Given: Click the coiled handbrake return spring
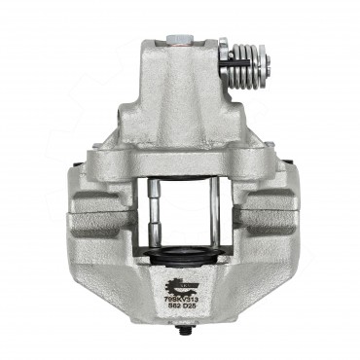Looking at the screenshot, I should click(x=247, y=65).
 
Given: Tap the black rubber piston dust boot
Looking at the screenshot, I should click(x=182, y=255).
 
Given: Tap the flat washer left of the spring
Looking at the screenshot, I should click(x=224, y=64).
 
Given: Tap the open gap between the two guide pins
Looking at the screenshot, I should click(x=182, y=209).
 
